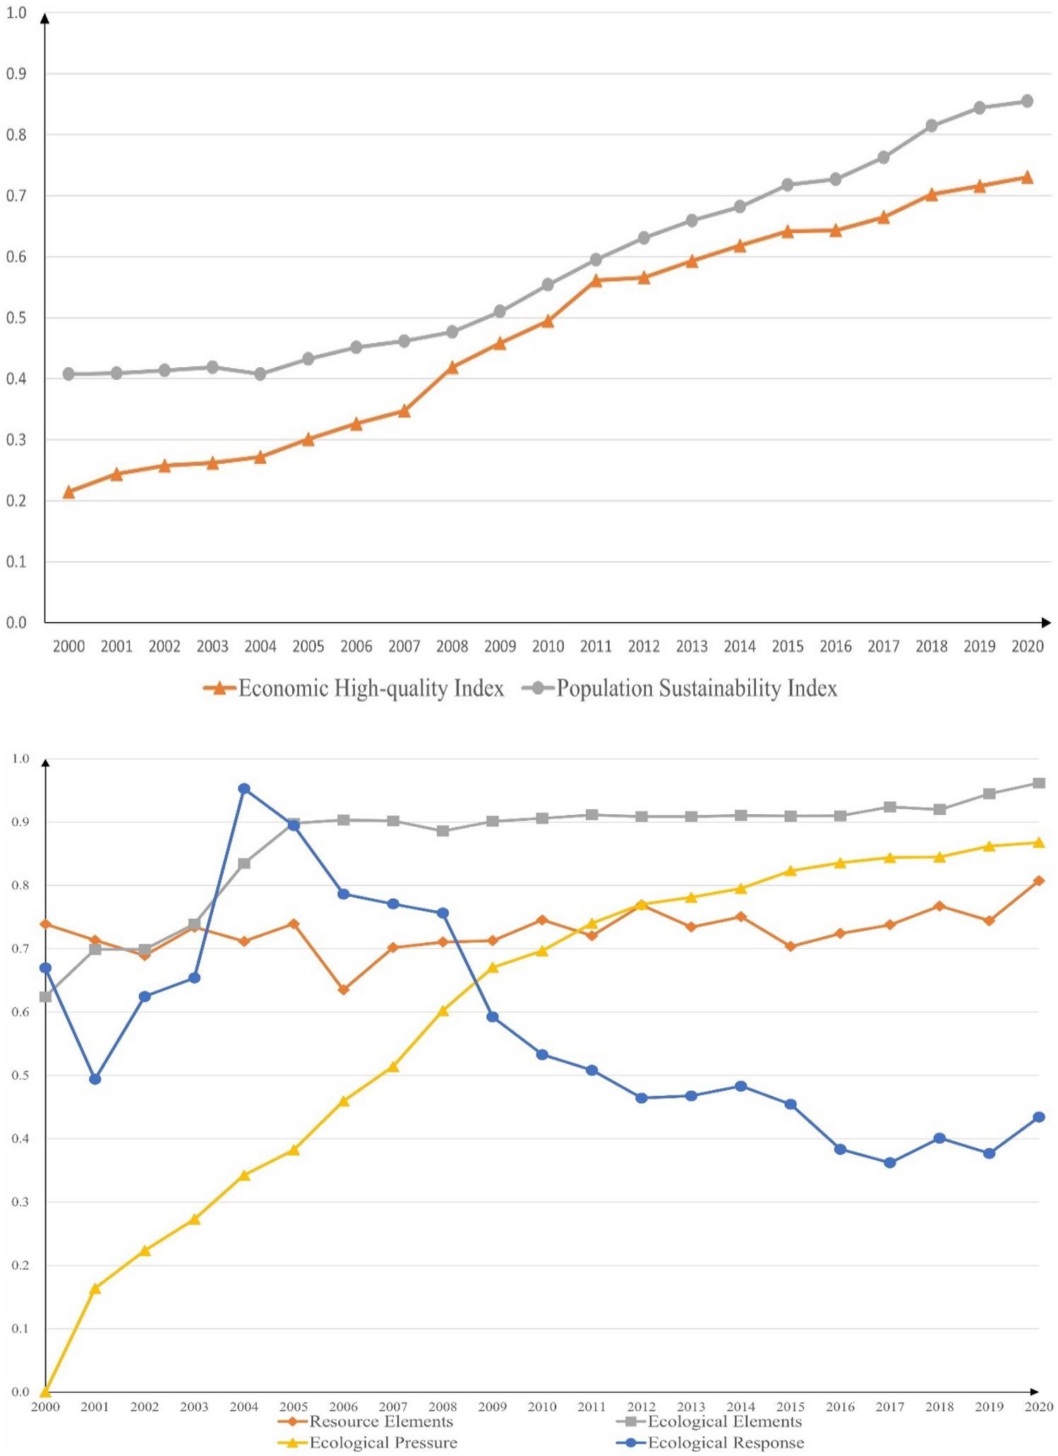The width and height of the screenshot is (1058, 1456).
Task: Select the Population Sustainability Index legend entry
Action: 680,688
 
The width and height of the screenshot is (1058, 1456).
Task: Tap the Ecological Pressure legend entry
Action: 368,1443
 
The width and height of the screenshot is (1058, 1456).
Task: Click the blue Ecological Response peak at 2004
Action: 244,789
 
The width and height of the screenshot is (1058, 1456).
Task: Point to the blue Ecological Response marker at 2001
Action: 95,1079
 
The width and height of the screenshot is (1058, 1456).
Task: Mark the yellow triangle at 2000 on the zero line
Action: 46,1390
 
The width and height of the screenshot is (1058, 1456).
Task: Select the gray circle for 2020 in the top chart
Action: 1027,101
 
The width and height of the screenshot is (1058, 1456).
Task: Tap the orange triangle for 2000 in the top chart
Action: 68,492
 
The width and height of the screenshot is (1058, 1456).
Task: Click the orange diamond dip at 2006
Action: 344,990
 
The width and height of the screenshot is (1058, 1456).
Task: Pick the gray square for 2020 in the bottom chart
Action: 1038,783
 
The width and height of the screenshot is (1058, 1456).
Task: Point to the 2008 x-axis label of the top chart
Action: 452,646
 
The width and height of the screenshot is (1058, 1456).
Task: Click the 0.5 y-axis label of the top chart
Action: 16,318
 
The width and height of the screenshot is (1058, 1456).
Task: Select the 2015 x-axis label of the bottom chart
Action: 790,1407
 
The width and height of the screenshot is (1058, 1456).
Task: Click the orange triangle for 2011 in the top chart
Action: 596,280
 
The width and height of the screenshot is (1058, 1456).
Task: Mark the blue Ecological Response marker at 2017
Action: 889,1162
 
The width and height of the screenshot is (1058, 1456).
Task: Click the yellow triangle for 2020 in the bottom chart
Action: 1038,842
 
